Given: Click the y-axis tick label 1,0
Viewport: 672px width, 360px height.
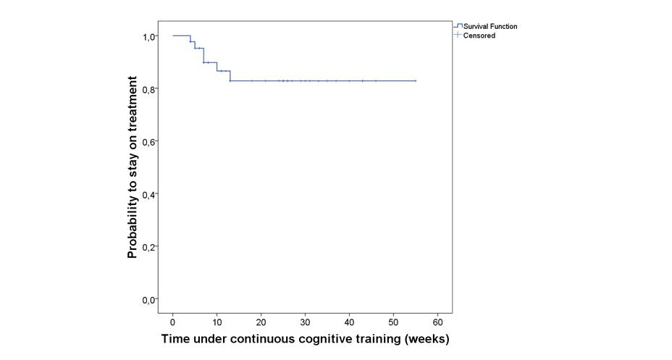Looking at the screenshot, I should pos(149,36).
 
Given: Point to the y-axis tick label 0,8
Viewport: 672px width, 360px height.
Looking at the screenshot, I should pos(149,89).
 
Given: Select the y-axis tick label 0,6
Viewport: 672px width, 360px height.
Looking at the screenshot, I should pos(149,142).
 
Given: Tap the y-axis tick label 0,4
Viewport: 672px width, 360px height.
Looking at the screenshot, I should pos(149,194).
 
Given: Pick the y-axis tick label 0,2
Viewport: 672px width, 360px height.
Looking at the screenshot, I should pos(149,247).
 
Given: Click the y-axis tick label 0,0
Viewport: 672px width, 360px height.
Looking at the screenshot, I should pos(149,299).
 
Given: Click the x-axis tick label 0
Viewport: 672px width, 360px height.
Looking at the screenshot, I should pos(173,321).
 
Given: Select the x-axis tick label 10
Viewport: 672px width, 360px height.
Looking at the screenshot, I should pos(217,321).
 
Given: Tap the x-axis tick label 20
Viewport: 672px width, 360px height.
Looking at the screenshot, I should pos(261,321).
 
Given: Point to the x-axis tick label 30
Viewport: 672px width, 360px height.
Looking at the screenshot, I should pos(305,321).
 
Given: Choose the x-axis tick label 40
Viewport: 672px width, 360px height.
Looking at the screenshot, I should pos(349,321).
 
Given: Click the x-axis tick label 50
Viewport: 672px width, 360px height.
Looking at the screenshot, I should pos(393,321).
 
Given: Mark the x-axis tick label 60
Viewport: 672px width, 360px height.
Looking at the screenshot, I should pos(437,321).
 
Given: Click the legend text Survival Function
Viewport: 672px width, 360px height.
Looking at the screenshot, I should pos(490,27).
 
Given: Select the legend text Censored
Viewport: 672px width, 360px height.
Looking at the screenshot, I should pos(479,35).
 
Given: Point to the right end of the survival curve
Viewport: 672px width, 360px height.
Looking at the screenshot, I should pos(416,81).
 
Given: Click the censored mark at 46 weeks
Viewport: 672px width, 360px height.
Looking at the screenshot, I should pos(376,81).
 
